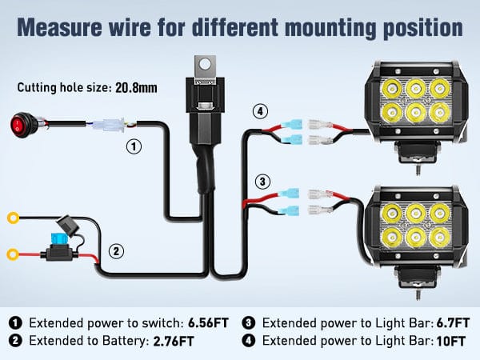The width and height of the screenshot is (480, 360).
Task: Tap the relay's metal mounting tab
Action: click(x=204, y=62)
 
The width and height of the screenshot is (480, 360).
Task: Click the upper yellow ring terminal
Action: click(x=12, y=217)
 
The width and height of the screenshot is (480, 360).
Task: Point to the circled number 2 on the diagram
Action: click(x=117, y=250)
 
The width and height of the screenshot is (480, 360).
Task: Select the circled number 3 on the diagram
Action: click(x=259, y=181)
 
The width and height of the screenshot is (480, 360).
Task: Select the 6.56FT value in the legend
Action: click(x=207, y=323)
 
